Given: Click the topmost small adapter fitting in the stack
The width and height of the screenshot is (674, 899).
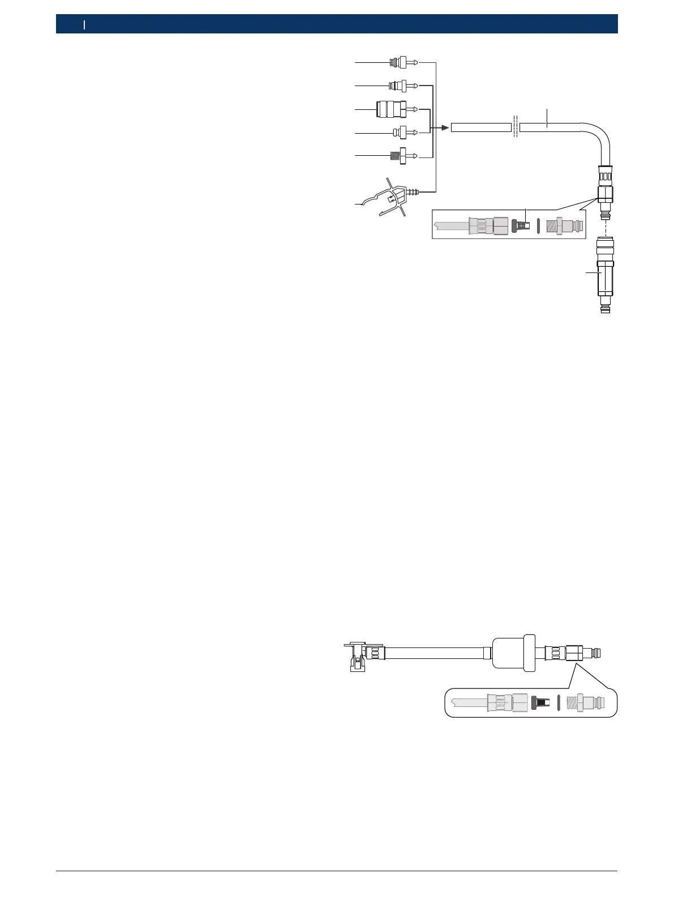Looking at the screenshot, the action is pyautogui.click(x=402, y=62).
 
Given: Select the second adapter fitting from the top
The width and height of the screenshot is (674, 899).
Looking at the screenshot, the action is pyautogui.click(x=401, y=86).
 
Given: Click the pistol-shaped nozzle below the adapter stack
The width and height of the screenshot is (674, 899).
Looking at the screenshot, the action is pyautogui.click(x=390, y=196).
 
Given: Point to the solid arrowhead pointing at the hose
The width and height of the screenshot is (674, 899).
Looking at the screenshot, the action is pyautogui.click(x=445, y=128).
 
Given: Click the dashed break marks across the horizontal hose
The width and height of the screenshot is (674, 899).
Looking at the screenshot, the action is pyautogui.click(x=515, y=127).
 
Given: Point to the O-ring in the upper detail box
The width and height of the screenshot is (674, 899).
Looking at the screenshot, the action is pyautogui.click(x=538, y=225).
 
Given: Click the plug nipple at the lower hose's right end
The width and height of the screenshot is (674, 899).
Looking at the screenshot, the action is pyautogui.click(x=594, y=653).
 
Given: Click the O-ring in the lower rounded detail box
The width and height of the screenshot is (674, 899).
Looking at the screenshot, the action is pyautogui.click(x=559, y=702).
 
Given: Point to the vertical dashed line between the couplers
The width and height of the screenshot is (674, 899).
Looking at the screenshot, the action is pyautogui.click(x=605, y=229).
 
